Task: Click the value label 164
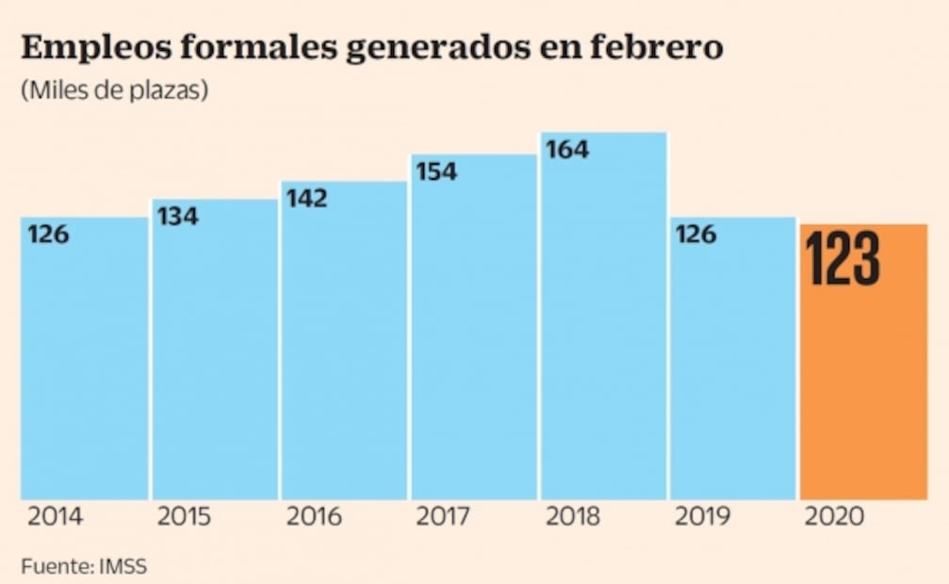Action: click(x=567, y=149)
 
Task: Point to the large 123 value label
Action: click(x=843, y=258)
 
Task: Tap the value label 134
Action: click(x=177, y=216)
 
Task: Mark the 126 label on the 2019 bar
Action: click(x=695, y=234)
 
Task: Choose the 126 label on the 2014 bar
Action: click(x=48, y=234)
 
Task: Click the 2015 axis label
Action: click(x=185, y=516)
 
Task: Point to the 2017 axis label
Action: click(x=444, y=516)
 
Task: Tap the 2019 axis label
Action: click(x=703, y=516)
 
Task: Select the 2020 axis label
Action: click(x=833, y=516)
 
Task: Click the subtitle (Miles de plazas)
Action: click(x=112, y=91)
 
